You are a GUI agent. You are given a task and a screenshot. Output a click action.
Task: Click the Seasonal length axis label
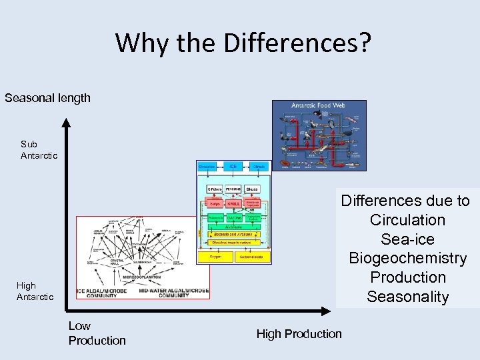click(x=47, y=98)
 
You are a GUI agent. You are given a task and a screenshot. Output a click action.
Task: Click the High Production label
click(x=299, y=333)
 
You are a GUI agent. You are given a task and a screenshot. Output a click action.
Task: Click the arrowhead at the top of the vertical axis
click(x=65, y=121)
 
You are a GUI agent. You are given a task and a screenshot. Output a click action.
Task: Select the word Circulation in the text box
click(x=407, y=220)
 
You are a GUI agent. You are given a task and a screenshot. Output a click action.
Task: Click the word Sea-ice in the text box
click(x=407, y=239)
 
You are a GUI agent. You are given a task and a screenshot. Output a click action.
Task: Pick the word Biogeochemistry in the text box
click(x=407, y=259)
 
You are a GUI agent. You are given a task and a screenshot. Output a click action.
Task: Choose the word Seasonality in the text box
click(x=407, y=297)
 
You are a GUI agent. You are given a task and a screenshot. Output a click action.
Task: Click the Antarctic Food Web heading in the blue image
click(x=319, y=106)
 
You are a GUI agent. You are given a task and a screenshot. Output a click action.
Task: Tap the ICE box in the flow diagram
click(x=233, y=166)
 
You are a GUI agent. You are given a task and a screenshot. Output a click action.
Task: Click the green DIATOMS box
click(x=233, y=217)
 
